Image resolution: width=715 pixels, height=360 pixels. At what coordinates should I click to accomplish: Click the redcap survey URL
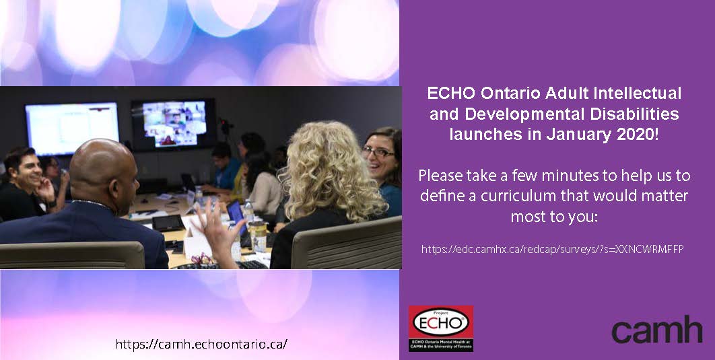552,249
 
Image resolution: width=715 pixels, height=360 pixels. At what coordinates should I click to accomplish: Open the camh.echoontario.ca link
201,344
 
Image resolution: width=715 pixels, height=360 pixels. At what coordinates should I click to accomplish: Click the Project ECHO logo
440,328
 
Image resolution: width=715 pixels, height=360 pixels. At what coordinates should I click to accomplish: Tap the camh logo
656,329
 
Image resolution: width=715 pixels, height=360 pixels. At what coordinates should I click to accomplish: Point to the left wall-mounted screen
71,128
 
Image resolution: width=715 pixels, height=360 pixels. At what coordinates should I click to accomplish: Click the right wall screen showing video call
173,123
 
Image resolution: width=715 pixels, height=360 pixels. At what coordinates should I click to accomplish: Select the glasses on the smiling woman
378,152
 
